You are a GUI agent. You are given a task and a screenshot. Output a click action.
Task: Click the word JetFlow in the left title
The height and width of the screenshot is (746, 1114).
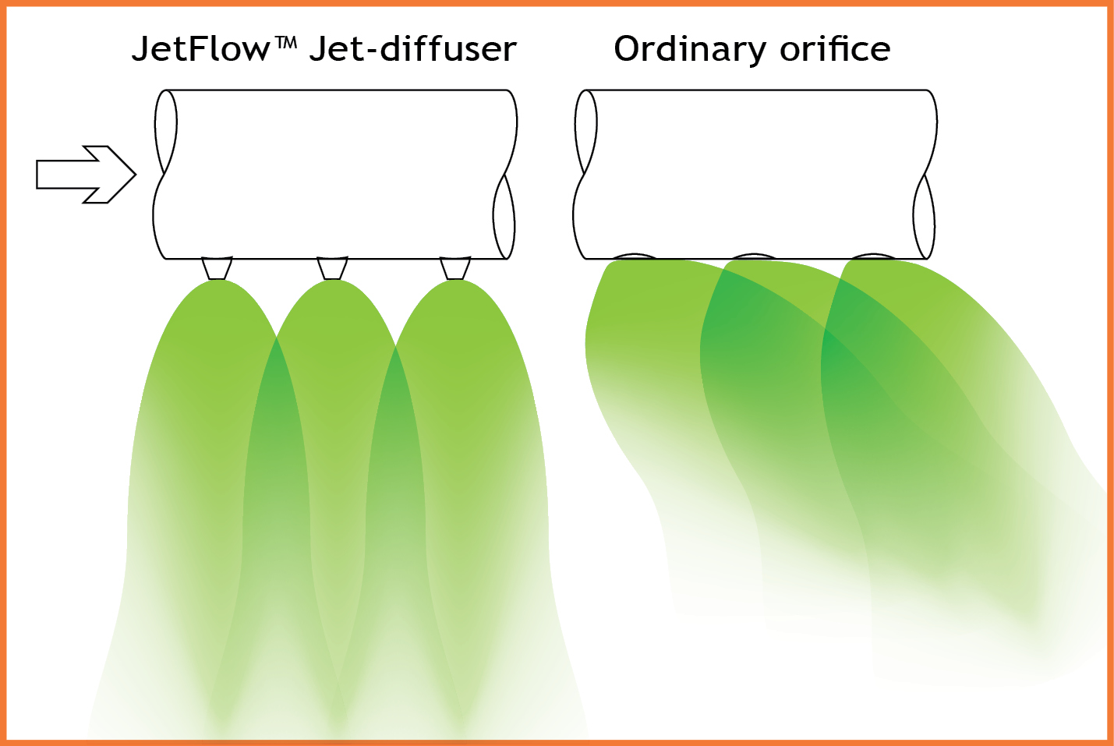tap(200, 49)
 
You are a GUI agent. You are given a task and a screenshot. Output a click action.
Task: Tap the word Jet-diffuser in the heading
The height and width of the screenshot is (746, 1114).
tap(412, 49)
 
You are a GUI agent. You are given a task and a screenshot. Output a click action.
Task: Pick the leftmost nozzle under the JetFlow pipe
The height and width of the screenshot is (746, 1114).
tap(217, 268)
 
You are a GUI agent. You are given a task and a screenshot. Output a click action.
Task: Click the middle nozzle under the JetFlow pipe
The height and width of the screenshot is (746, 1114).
tap(332, 268)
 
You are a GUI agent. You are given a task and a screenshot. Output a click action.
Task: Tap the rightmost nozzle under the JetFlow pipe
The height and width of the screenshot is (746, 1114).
tap(455, 268)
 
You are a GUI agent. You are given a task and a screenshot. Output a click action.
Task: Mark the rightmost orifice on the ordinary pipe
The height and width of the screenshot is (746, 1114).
tap(873, 256)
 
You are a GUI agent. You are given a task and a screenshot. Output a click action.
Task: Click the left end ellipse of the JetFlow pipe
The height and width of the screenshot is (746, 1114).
tap(166, 132)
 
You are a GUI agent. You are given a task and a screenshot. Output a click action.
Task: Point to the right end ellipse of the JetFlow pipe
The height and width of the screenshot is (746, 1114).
tap(504, 216)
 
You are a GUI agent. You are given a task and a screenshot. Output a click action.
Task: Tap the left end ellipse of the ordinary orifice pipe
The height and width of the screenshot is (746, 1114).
tap(585, 132)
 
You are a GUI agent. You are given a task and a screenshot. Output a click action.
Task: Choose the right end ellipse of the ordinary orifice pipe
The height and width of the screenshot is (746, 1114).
tap(924, 216)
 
